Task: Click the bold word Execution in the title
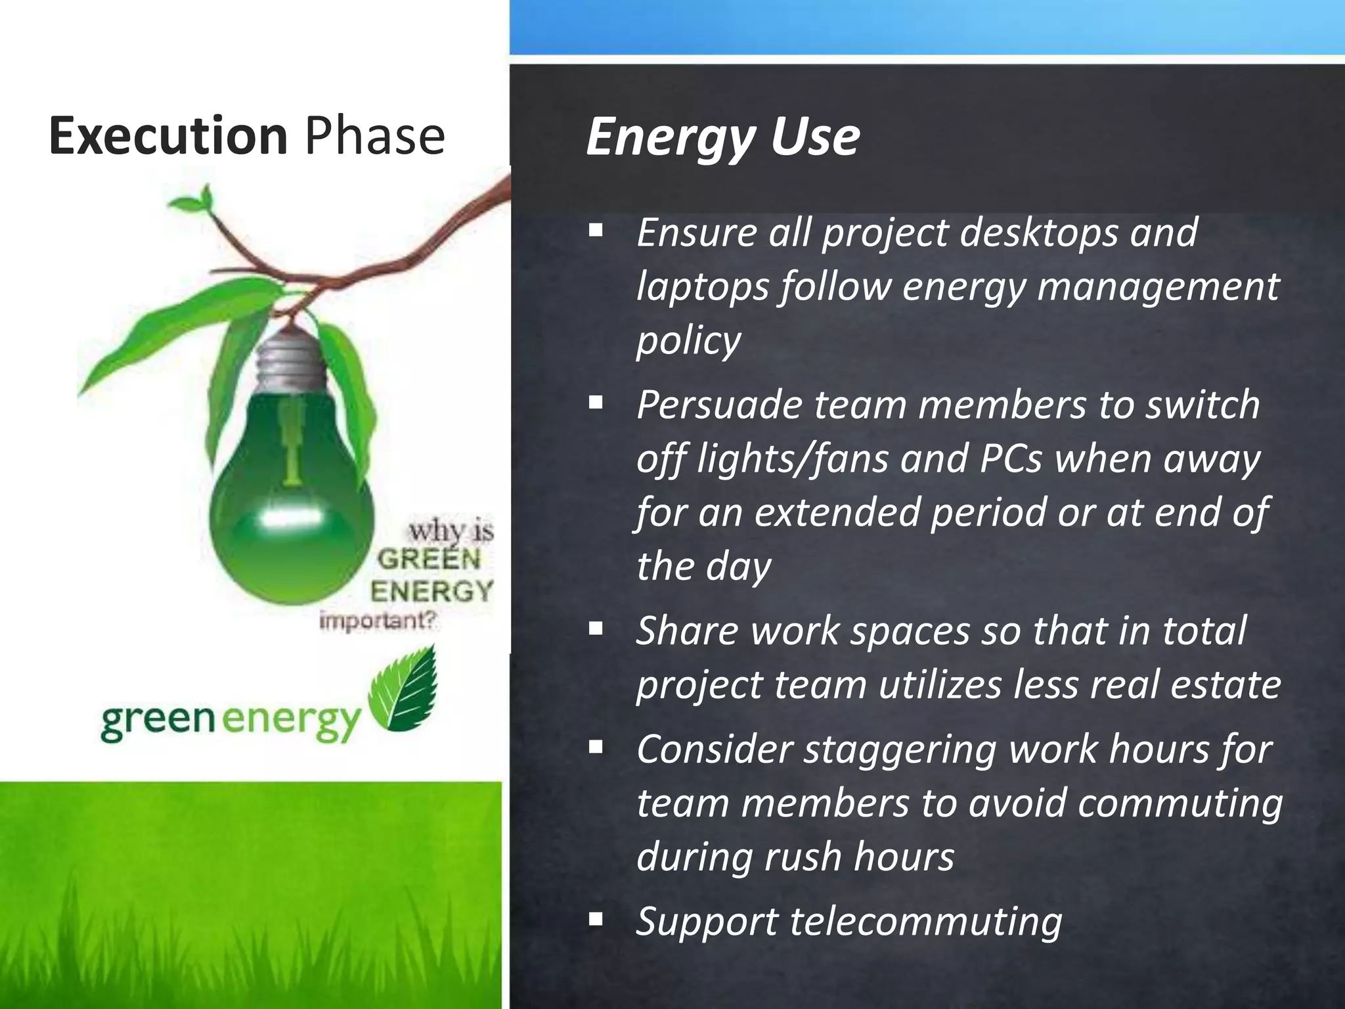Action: [x=168, y=135]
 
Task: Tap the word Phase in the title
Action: [x=375, y=135]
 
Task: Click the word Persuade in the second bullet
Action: [x=719, y=405]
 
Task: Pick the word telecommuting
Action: [x=926, y=921]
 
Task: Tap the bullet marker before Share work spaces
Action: [x=596, y=629]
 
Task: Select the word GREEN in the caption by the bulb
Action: [x=428, y=560]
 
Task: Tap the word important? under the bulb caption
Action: [x=377, y=621]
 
